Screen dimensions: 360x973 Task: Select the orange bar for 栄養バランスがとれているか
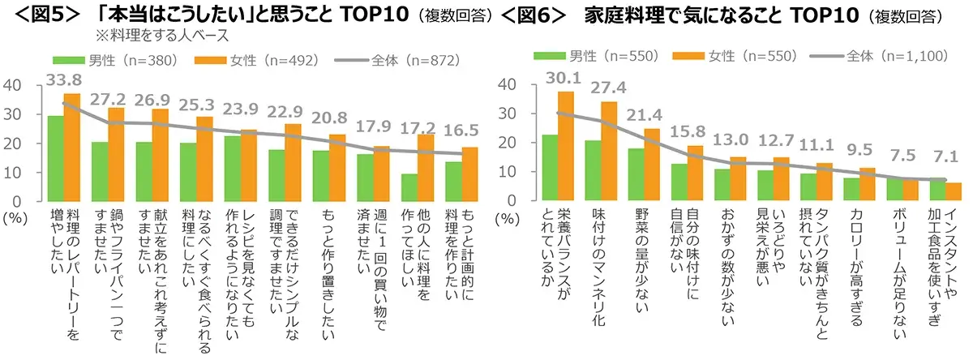click(x=567, y=146)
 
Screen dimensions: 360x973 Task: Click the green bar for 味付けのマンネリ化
click(x=594, y=170)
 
